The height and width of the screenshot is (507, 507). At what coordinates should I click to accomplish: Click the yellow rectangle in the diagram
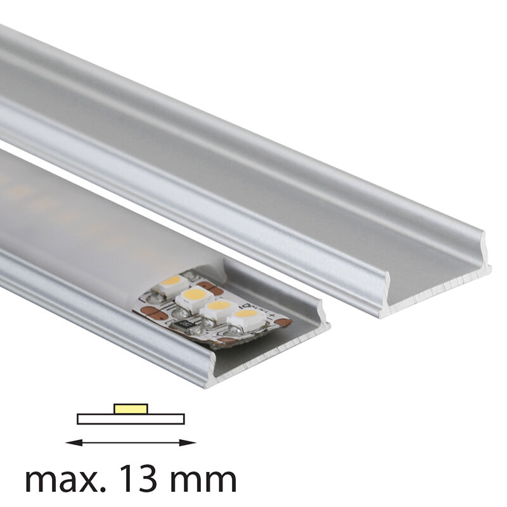click(131, 409)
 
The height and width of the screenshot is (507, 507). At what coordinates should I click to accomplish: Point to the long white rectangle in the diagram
click(131, 419)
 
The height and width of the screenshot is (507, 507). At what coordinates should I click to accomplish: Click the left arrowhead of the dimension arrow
click(74, 442)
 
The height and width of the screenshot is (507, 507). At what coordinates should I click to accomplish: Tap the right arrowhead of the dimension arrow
click(188, 442)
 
